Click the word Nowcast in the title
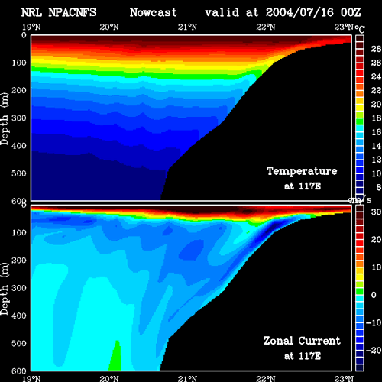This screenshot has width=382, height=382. pos(154,12)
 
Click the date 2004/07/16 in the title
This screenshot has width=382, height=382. pos(299,12)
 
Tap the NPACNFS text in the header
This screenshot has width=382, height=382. pos(73,12)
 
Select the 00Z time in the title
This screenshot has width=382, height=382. pos(351,12)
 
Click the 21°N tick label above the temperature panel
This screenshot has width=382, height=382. pos(187,27)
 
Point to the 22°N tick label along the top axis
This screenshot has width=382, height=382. pos(266,27)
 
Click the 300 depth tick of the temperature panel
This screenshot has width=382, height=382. pos(19,118)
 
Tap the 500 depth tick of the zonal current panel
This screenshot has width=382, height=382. pos(19,344)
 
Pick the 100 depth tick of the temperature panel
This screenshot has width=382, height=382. pos(19,63)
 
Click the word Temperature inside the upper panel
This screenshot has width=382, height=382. pos(302,171)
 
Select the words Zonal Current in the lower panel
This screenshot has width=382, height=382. pos(302,341)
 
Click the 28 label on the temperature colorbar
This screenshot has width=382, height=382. pos(376,49)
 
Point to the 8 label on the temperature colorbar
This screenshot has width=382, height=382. pos(378,187)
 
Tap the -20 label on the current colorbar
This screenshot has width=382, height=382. pos(374,351)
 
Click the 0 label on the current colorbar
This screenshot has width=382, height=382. pos(374,295)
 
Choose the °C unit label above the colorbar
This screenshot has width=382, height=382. pos(360,29)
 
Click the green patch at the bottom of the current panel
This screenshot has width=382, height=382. pos(115,357)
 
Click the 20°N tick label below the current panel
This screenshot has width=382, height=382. pos(109,378)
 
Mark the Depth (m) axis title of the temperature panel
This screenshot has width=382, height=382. pos(5,119)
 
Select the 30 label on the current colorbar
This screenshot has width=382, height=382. pos(376,212)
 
